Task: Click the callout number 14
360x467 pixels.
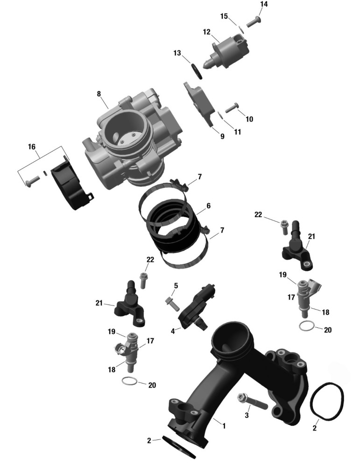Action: pos(263,4)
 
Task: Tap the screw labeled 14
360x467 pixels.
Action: pos(254,22)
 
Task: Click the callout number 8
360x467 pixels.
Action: pos(99,94)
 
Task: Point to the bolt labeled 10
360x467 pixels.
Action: pos(232,107)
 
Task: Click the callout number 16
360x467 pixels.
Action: pos(32,147)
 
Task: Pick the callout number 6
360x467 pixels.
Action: pos(208,205)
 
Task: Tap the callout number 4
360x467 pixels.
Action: pos(173,331)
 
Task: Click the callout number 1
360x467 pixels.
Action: pos(224,426)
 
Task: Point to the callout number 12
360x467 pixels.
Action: pos(207,32)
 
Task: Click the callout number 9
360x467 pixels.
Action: pos(222,136)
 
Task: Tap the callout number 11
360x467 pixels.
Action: pos(237,132)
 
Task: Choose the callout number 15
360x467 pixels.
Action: pos(224,16)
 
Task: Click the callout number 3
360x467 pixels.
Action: pos(247,415)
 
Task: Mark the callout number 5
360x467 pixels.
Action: pos(176,286)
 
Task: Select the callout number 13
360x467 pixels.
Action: pos(177,53)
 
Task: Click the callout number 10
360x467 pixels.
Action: pos(249,119)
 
